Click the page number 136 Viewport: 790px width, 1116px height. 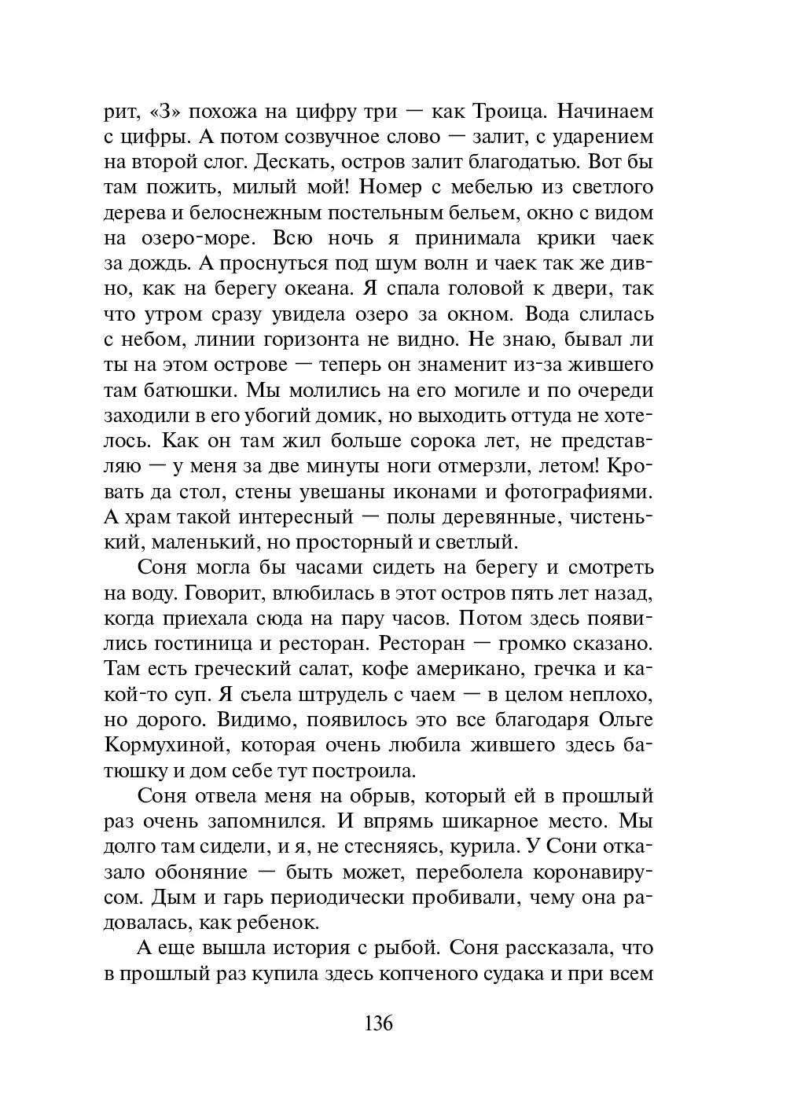[378, 1024]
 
